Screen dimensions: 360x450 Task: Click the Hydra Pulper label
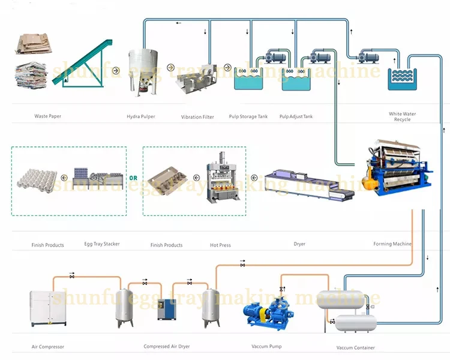click(x=142, y=116)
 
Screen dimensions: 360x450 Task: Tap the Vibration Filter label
click(x=197, y=116)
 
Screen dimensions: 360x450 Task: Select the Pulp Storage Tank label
click(x=248, y=116)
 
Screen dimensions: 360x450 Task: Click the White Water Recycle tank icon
click(x=402, y=79)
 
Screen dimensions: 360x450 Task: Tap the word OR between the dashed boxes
click(x=134, y=177)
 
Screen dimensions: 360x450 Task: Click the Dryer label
click(x=299, y=244)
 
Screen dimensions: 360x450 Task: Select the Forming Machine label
click(x=392, y=244)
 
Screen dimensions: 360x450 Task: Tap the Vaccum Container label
click(x=355, y=347)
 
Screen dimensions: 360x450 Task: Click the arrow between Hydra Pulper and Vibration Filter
click(x=170, y=67)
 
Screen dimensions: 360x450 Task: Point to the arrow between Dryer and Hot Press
click(x=253, y=177)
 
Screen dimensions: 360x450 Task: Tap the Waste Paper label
click(x=47, y=116)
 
